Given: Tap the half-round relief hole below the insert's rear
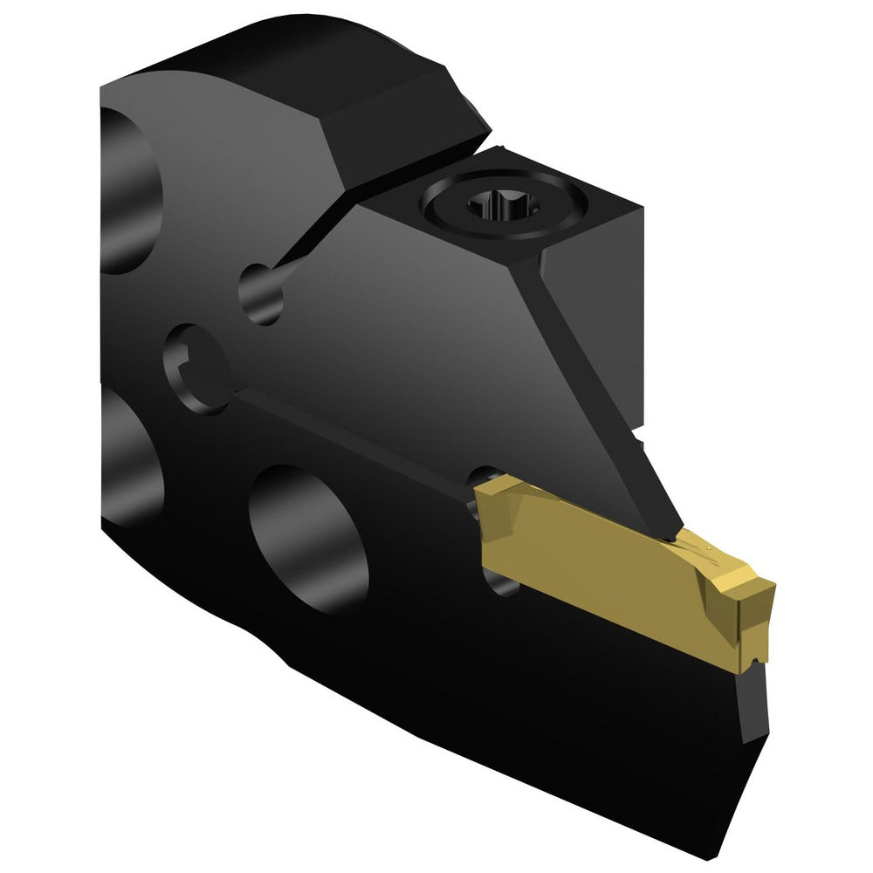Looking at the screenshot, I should point(502,585).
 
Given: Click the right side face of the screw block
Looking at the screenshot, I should point(623,288).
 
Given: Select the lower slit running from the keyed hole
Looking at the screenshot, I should point(349,436).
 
